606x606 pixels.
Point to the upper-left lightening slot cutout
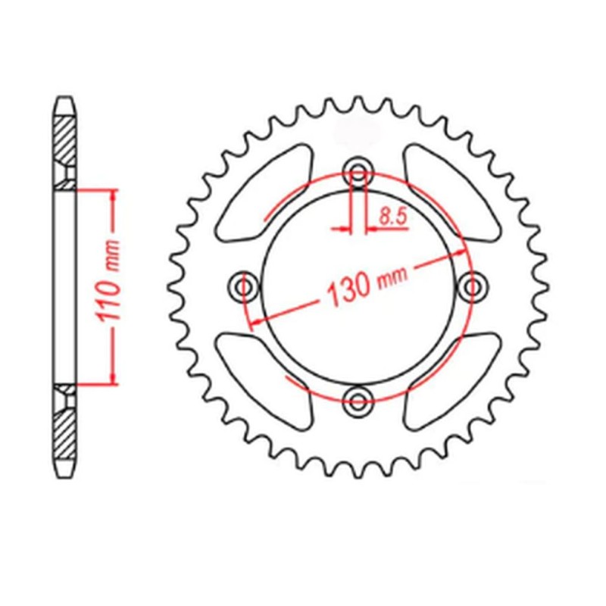(x=264, y=193)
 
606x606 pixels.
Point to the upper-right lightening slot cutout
(x=451, y=193)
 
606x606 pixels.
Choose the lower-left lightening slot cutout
(x=264, y=379)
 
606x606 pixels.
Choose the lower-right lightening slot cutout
(x=451, y=379)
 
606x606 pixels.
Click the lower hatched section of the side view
(x=65, y=432)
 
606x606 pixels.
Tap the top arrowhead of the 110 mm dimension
(x=113, y=195)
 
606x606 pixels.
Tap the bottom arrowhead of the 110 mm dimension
(x=113, y=379)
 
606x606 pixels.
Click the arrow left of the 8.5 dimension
(x=345, y=226)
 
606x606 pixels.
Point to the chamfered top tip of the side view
(x=65, y=100)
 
